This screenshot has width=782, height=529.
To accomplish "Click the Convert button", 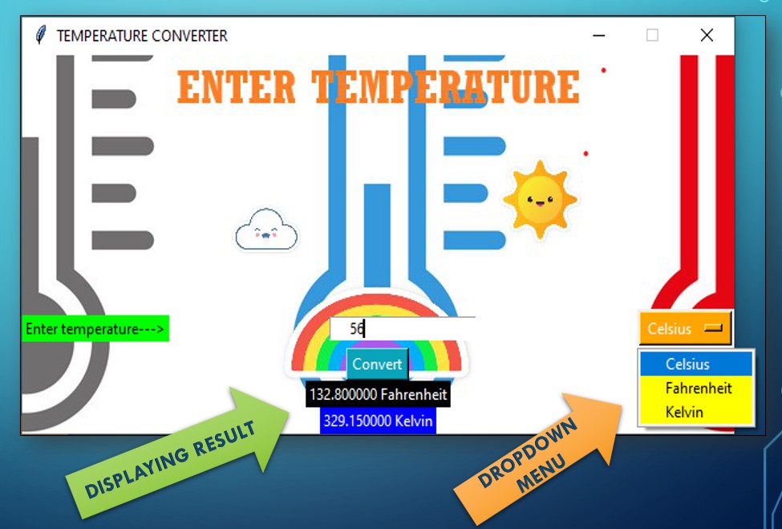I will point(377,364).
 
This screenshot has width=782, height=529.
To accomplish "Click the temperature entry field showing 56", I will point(402,328).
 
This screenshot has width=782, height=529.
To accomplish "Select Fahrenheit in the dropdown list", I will point(698,389).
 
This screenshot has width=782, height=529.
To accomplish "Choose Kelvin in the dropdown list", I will point(683,413).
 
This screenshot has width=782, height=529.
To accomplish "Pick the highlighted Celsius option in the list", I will point(687,364).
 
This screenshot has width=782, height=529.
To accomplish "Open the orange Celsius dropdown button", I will point(685,328).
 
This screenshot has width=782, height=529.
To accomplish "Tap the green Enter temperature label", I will point(95,329).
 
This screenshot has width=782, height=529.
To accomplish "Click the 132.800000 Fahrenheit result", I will point(378,394).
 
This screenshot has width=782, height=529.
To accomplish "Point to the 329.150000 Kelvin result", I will point(378,421).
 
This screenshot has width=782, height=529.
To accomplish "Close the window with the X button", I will point(707,35).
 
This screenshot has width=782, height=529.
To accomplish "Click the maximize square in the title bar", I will point(652,35).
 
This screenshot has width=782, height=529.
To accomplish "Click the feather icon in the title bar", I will point(41,35).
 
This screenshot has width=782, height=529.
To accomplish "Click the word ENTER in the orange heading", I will point(237,87).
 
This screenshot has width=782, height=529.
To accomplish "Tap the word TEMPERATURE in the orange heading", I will point(445,87).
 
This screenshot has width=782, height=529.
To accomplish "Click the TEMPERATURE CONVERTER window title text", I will point(142,36).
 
